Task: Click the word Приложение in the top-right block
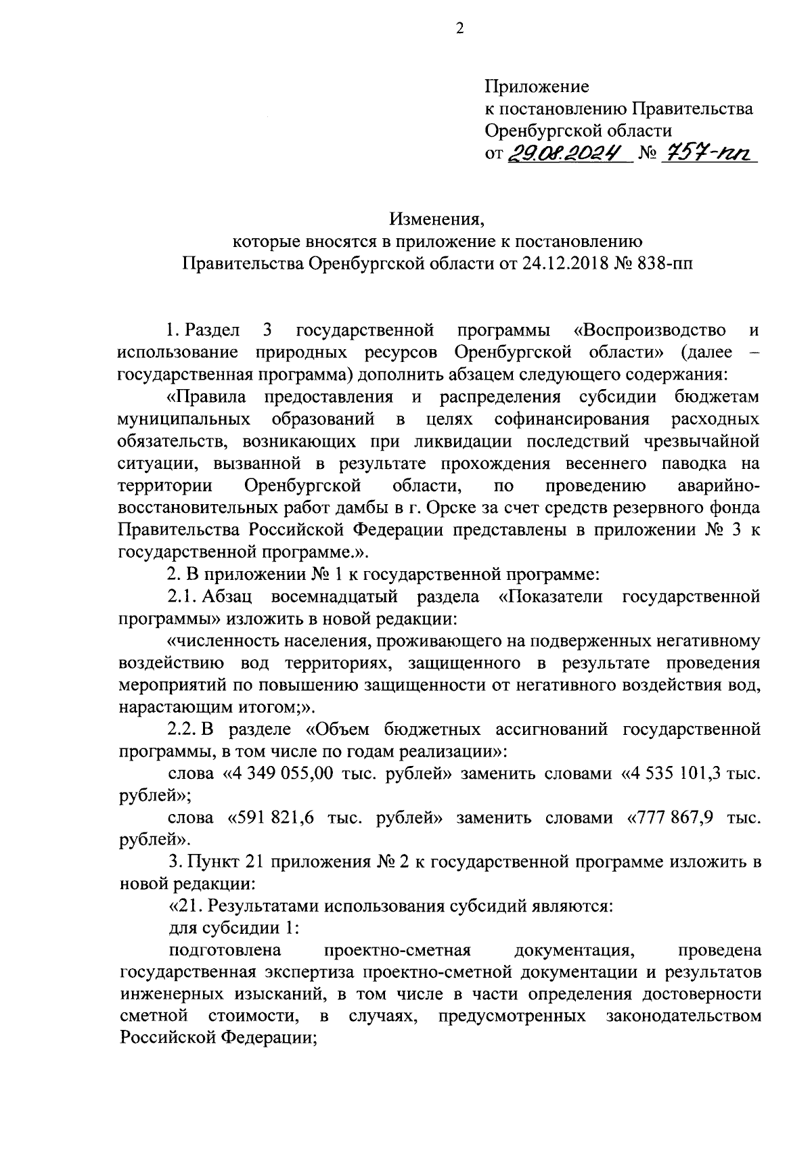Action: [537, 87]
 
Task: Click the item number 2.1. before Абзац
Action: [182, 596]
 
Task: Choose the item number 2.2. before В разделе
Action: [183, 729]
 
